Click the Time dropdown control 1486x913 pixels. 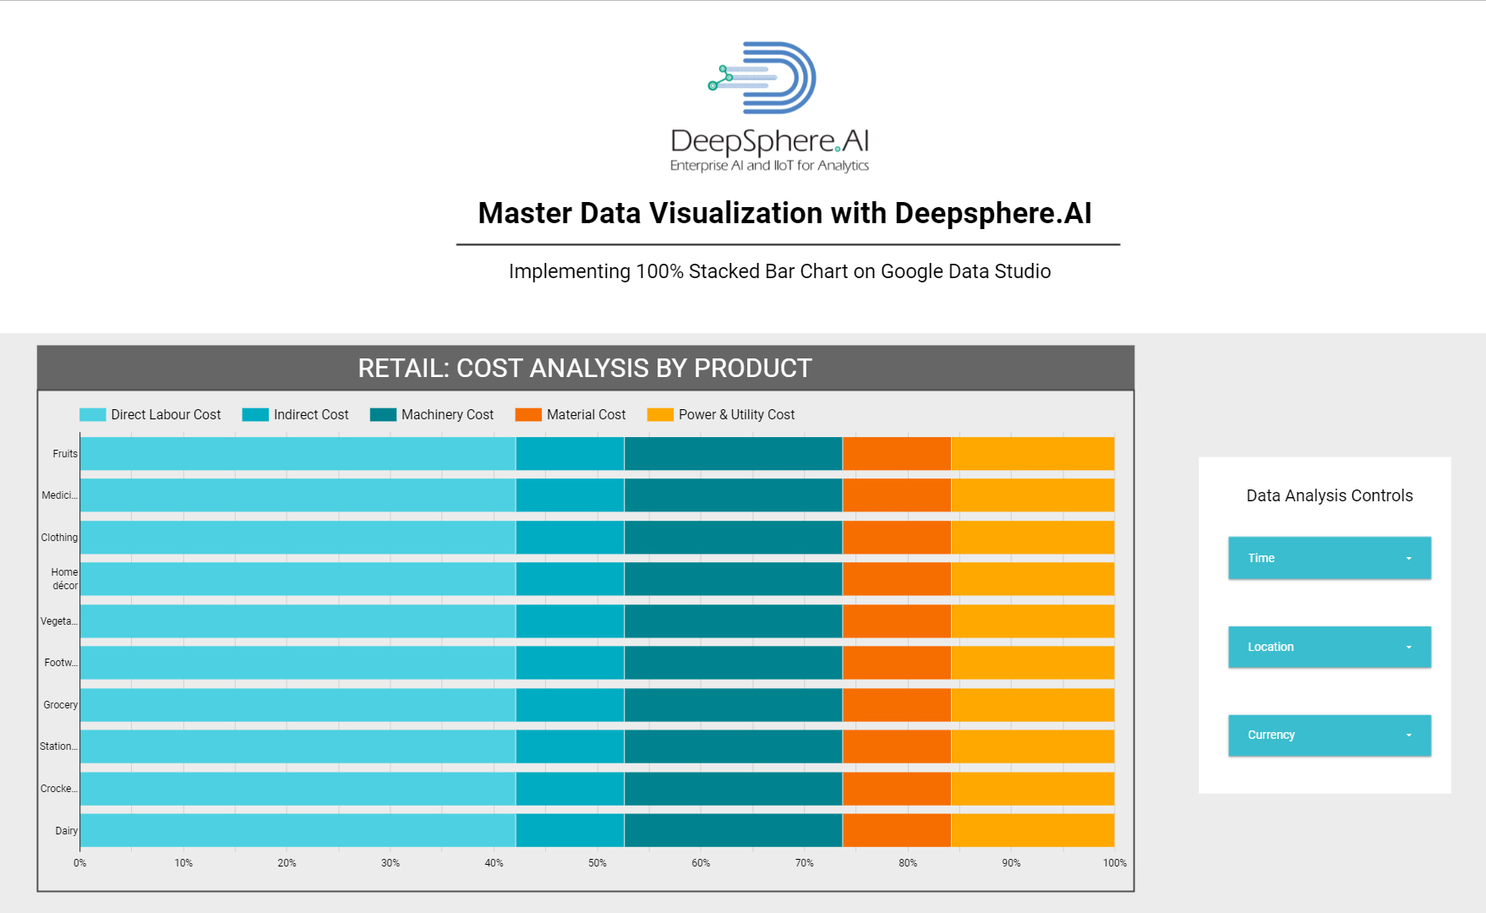(1329, 558)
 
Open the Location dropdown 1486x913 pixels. (1329, 647)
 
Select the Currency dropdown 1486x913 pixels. (1329, 735)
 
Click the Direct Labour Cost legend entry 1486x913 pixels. (150, 414)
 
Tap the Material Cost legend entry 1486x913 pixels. (571, 414)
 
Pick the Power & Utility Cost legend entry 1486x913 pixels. (721, 414)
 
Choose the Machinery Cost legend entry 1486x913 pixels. (432, 414)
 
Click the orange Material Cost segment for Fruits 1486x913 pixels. (896, 454)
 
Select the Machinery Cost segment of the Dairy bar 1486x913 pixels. (733, 830)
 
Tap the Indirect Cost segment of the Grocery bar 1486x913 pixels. (570, 705)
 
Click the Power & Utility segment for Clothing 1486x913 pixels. (1032, 538)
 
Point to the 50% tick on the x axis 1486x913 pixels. (598, 863)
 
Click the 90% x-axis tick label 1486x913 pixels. (1011, 863)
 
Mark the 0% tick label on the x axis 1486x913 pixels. (80, 863)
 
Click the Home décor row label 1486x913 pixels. (64, 579)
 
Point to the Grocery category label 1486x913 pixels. (61, 705)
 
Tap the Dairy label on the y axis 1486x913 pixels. (67, 831)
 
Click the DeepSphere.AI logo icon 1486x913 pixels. (764, 78)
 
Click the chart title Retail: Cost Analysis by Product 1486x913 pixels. (585, 369)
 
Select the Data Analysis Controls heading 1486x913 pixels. (1329, 495)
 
